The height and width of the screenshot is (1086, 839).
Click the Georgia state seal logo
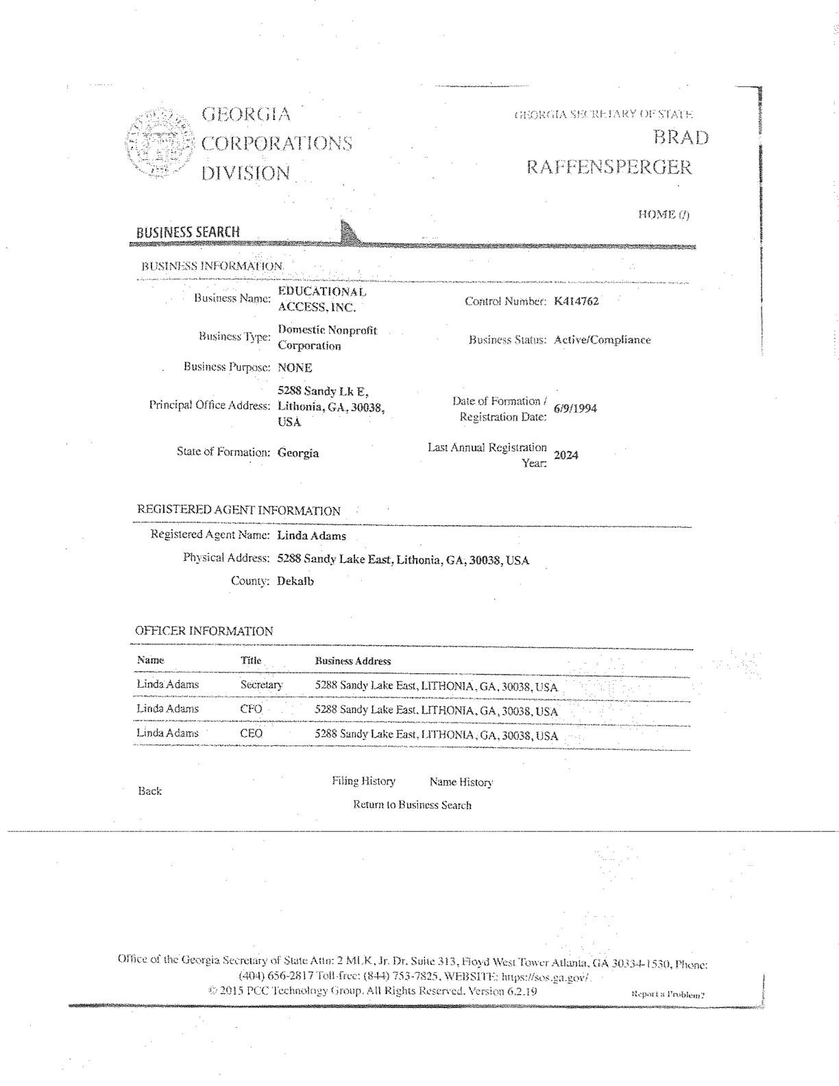158,144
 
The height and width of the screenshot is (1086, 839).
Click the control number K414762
576,301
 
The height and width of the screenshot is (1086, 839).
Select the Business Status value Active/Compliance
602,340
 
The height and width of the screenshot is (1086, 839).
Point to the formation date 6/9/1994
575,409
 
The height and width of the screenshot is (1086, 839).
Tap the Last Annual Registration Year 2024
566,455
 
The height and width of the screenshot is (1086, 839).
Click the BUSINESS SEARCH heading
189,232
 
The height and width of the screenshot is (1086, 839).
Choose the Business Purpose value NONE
295,367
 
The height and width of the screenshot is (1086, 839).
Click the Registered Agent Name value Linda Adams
311,536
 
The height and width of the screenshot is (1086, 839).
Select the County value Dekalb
295,581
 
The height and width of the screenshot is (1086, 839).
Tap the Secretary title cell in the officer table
261,685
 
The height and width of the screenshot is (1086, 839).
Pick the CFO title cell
251,709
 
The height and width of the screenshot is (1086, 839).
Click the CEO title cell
251,734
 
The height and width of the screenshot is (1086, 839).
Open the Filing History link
363,782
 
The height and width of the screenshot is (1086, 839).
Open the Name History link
461,782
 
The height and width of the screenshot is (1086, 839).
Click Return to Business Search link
412,805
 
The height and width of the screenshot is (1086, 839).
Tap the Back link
150,791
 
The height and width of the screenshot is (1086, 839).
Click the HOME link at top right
664,215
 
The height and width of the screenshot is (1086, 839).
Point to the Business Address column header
353,662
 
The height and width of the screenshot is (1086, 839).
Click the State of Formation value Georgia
298,453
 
